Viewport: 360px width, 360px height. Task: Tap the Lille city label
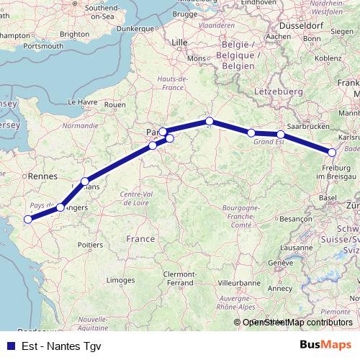coord(179,42)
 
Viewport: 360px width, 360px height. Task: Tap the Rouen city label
coord(115,104)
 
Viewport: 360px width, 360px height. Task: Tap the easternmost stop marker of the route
coord(332,152)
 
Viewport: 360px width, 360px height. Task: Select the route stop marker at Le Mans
coord(85,181)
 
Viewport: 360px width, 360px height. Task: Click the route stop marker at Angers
coord(60,207)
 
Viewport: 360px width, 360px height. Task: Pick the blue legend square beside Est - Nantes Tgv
coord(8,345)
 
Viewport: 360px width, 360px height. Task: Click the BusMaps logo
coord(325,344)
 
